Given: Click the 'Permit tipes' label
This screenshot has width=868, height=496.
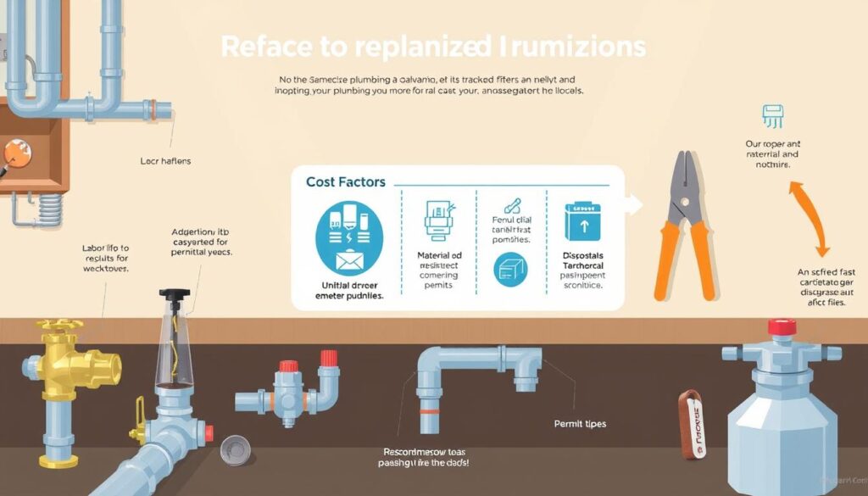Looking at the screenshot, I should [580, 423].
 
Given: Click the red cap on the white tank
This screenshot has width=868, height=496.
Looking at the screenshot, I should [781, 327].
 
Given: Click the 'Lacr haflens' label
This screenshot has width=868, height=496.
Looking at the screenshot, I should [165, 159].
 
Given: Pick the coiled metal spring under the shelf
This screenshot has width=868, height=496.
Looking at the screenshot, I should [51, 207].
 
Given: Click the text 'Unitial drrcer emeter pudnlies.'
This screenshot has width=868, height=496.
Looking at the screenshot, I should [348, 290].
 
